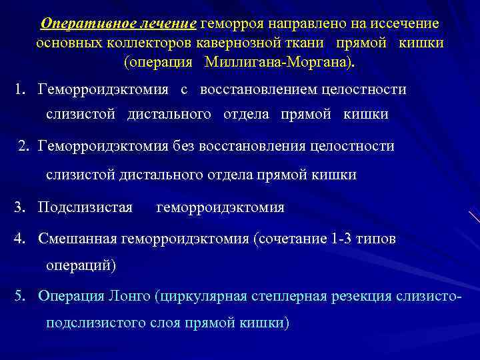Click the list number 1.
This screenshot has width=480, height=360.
pos(20,89)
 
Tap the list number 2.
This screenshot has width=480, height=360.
pos(23,146)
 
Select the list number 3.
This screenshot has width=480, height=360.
pos(20,207)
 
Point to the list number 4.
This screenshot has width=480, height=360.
pos(20,238)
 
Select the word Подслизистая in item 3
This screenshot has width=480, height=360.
pos(85,207)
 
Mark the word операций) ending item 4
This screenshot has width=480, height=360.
pos(81,265)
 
